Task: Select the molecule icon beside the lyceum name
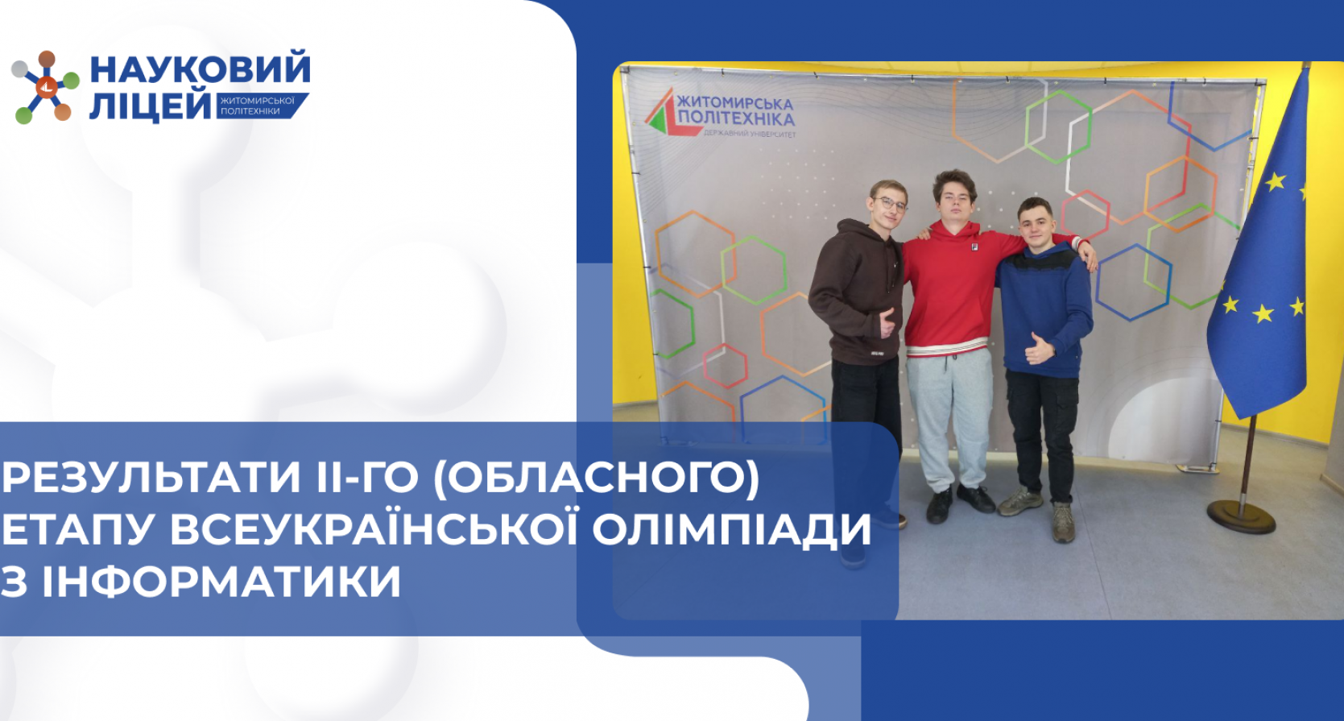pos(46,86)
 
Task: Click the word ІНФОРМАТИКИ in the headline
pos(221,581)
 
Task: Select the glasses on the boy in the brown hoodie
pos(891,204)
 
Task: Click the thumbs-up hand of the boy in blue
pos(1039,350)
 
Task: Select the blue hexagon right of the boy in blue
pos(1133,281)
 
